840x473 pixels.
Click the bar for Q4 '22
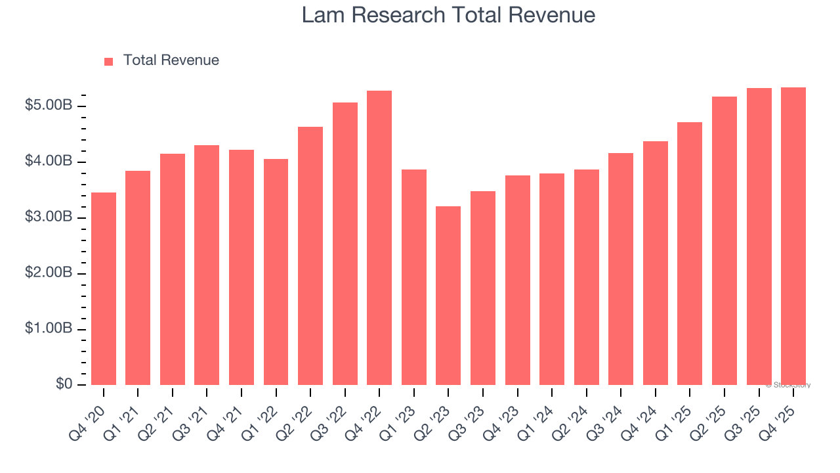click(x=379, y=238)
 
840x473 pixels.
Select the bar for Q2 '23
click(x=448, y=296)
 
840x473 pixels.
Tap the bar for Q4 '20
click(x=104, y=288)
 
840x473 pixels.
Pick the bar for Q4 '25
click(x=793, y=236)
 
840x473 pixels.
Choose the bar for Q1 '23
click(x=414, y=277)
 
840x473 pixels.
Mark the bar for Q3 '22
click(x=345, y=244)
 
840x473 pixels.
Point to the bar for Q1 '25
click(x=690, y=254)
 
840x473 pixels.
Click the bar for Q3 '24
click(x=621, y=269)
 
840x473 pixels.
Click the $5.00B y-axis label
click(x=49, y=106)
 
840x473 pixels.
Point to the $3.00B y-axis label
click(x=49, y=217)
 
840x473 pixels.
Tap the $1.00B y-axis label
click(x=49, y=329)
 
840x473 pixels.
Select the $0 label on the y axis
click(x=63, y=384)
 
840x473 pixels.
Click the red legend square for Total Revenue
click(x=109, y=61)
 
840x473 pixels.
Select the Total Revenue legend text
click(x=171, y=60)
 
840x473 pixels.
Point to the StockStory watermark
click(x=788, y=385)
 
